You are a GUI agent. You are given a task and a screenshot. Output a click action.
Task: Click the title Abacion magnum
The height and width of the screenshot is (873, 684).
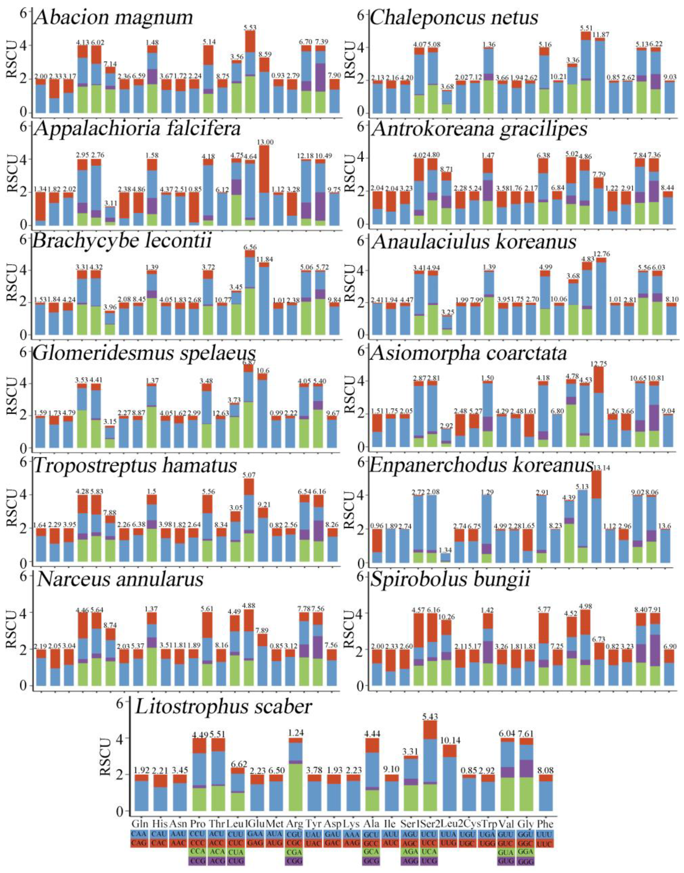coord(113,18)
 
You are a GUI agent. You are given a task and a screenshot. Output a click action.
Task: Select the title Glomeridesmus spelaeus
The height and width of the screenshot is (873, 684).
coord(144,353)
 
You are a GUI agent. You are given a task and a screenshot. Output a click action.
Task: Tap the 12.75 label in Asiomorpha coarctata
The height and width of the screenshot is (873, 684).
coord(601,364)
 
